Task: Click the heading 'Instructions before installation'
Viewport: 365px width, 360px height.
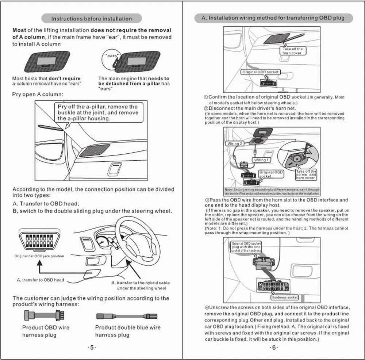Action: (91, 19)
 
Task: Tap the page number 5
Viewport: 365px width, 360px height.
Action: (92, 348)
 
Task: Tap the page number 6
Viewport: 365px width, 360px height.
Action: (273, 348)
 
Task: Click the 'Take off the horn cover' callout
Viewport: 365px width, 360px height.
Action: (292, 51)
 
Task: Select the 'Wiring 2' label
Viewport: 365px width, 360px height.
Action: (235, 143)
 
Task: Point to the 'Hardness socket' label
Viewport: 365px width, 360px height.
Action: (284, 297)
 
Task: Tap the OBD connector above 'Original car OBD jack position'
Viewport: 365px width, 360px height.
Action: (39, 240)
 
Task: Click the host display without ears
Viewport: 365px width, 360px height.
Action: (47, 61)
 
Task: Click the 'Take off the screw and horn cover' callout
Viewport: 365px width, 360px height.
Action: (306, 175)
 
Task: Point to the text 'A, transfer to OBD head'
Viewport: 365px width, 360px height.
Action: (40, 280)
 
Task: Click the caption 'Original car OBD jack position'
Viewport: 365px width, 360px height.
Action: (39, 256)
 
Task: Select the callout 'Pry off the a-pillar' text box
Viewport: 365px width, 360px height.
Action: (98, 112)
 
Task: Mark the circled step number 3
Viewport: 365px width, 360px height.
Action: (206, 200)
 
